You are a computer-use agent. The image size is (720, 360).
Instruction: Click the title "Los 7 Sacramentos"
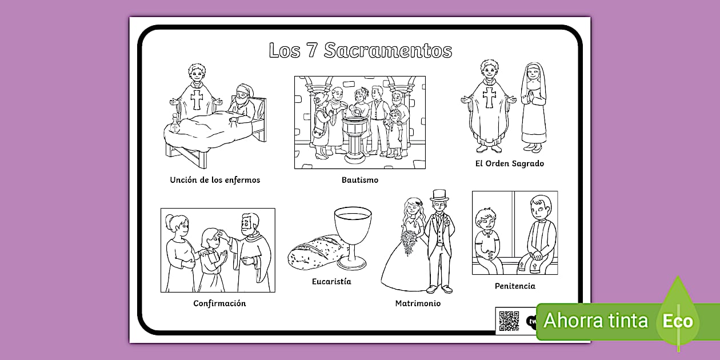pyautogui.click(x=360, y=50)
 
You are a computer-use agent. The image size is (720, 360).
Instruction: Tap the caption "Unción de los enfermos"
pyautogui.click(x=215, y=180)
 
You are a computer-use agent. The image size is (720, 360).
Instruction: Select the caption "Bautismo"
pyautogui.click(x=360, y=180)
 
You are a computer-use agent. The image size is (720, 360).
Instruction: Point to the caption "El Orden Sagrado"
pyautogui.click(x=510, y=163)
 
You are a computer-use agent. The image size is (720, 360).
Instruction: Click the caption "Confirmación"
pyautogui.click(x=219, y=303)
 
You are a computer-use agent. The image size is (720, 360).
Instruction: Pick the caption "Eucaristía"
pyautogui.click(x=331, y=282)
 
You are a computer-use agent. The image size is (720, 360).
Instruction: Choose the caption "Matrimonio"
pyautogui.click(x=418, y=303)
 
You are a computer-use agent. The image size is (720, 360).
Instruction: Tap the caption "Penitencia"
pyautogui.click(x=515, y=286)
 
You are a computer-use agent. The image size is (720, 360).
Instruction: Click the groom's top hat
pyautogui.click(x=439, y=195)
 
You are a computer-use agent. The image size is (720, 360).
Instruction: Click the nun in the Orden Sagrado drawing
pyautogui.click(x=533, y=106)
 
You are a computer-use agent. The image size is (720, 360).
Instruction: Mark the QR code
pyautogui.click(x=508, y=321)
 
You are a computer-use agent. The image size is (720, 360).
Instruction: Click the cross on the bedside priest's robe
pyautogui.click(x=197, y=99)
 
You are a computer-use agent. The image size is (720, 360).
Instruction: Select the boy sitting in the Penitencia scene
pyautogui.click(x=487, y=240)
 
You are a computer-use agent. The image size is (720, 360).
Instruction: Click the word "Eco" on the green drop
pyautogui.click(x=678, y=321)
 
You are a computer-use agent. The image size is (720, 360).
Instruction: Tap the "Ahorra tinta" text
pyautogui.click(x=595, y=321)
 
